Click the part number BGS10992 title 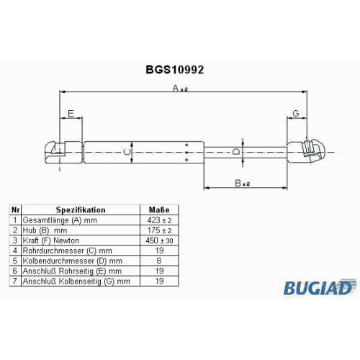click(175, 70)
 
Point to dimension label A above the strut click(179, 88)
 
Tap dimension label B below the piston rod click(242, 183)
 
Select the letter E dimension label click(71, 113)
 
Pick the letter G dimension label click(296, 113)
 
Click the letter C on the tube click(127, 152)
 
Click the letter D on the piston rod click(236, 152)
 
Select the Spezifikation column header click(81, 210)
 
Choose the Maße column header click(159, 210)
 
